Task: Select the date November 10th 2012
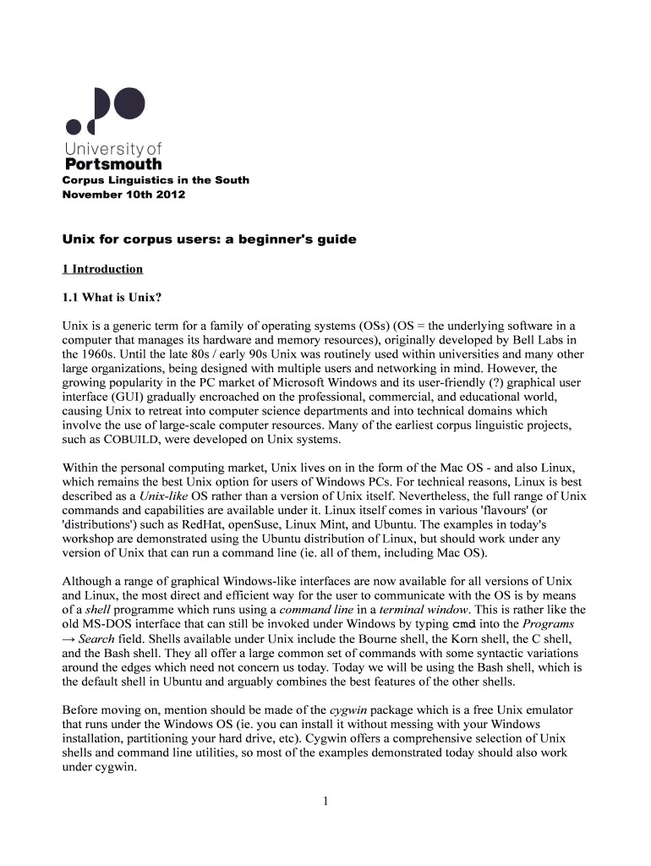coord(123,195)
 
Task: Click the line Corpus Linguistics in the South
coord(156,180)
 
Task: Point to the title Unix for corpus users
coord(210,239)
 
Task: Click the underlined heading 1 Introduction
coord(102,269)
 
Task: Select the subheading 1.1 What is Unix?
coord(112,297)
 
